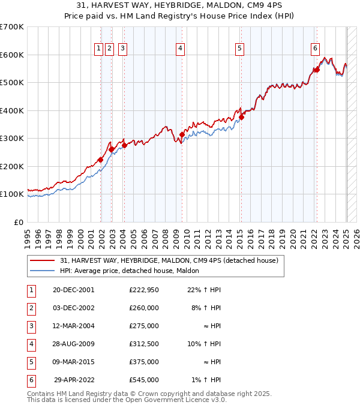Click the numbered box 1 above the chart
point(98,49)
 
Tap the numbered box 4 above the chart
point(180,49)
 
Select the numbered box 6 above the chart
point(315,49)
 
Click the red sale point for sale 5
point(241,118)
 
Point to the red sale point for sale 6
point(317,70)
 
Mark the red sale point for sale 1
point(101,160)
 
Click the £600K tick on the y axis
point(12,55)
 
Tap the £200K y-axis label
point(12,166)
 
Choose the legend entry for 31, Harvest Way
point(169,261)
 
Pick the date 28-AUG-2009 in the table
point(73,344)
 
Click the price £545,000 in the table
point(144,380)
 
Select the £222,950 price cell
point(144,290)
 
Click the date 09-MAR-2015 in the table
point(73,362)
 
